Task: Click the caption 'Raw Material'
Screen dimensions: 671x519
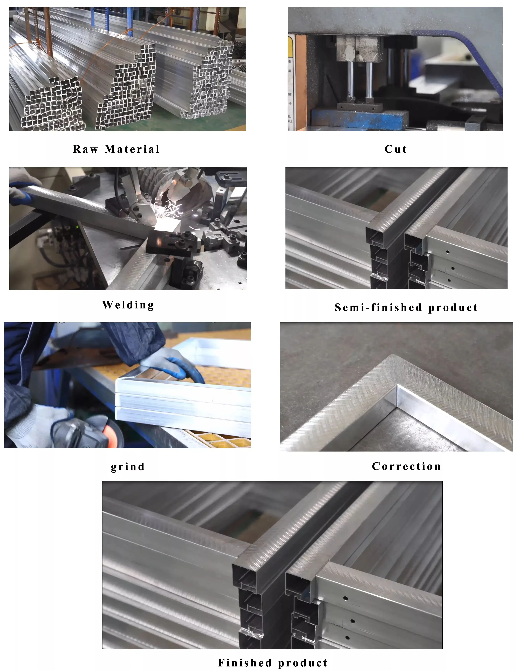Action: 116,149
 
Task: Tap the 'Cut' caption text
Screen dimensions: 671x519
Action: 396,149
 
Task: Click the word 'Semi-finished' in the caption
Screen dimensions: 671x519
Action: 378,308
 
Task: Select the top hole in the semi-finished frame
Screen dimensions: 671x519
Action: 448,252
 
